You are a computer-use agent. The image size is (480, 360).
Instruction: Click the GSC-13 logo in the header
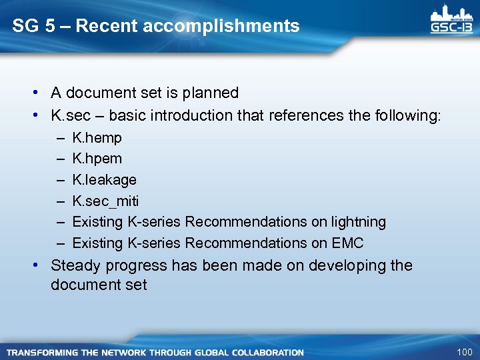pos(453,21)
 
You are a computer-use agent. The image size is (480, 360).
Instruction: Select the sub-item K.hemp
pos(97,138)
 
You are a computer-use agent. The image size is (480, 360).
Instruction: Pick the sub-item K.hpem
pos(97,159)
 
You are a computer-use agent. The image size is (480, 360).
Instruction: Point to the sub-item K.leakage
pos(104,180)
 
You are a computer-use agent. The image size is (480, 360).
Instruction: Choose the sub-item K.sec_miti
pos(105,201)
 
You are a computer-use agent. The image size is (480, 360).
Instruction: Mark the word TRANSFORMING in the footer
pos(41,352)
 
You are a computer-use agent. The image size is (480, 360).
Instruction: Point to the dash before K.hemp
pos(60,138)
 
